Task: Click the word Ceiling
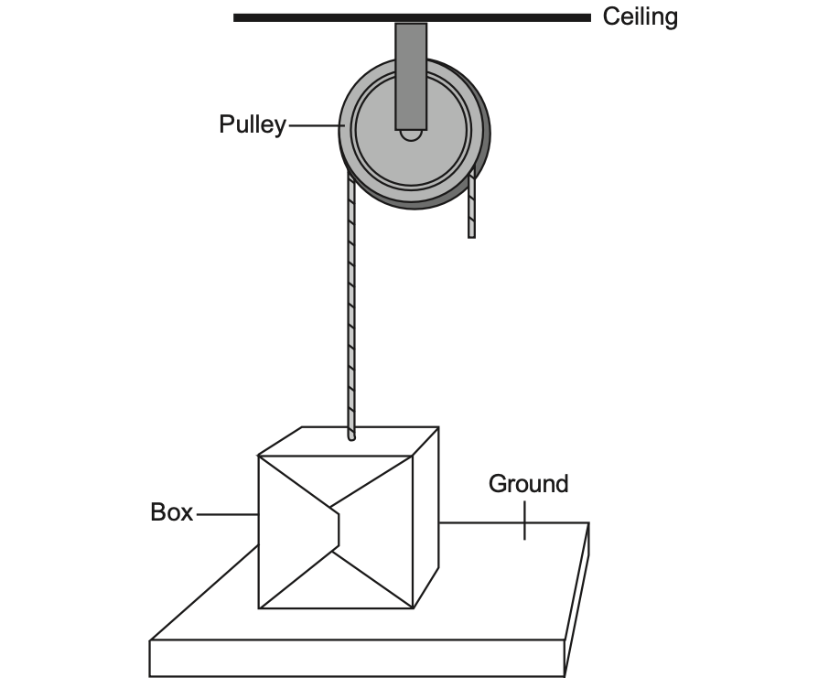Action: pos(640,17)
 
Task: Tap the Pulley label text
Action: pos(253,124)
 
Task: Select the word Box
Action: pos(171,512)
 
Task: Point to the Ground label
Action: pos(528,484)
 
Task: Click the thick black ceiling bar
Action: pos(412,17)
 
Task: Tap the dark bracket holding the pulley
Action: pos(411,76)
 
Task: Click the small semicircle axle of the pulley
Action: pos(411,135)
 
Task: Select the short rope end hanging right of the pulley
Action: pos(471,204)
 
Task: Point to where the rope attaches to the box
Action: pos(351,437)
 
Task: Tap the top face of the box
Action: pos(349,442)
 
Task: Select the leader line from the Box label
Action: pos(228,514)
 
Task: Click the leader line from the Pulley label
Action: pos(317,126)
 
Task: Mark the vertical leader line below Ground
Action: pos(524,521)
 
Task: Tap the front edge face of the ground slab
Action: pos(357,659)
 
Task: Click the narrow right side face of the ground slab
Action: pos(577,600)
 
